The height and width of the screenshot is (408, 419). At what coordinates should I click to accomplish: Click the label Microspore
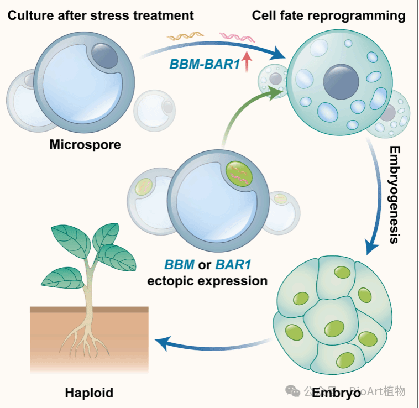point(85,145)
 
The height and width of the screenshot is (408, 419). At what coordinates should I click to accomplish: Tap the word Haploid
point(89,393)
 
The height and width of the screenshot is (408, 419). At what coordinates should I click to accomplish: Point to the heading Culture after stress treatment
point(101,15)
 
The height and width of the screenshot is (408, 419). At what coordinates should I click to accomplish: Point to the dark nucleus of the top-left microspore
point(104,54)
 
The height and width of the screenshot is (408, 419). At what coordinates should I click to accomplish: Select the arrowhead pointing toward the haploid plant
point(160,344)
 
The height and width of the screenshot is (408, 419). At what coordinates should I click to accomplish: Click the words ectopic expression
point(207,281)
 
